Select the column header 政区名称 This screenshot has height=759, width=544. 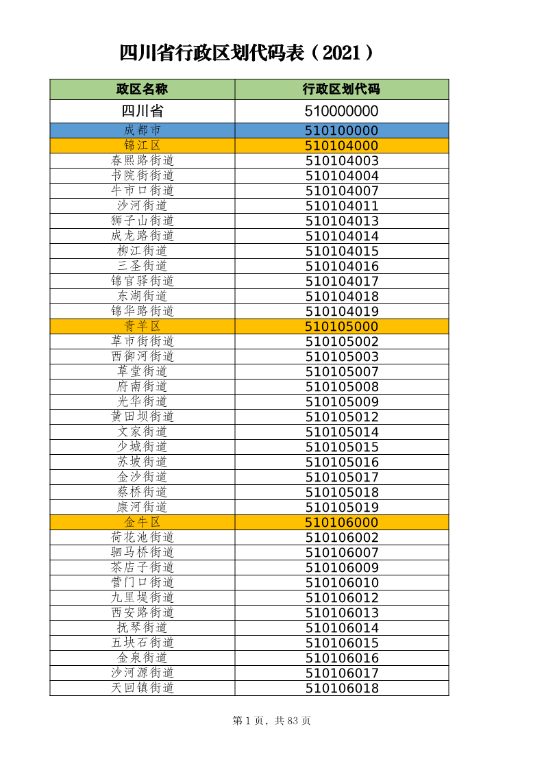[142, 89]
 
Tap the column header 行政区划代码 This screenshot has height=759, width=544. [341, 89]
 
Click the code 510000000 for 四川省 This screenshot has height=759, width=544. [341, 111]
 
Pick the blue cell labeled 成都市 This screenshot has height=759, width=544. [142, 130]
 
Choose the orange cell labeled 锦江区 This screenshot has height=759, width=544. [142, 145]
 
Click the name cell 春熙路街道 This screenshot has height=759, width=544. [142, 160]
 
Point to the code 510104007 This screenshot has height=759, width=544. [341, 190]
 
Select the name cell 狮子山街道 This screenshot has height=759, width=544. [142, 221]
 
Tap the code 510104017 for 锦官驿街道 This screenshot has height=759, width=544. [341, 281]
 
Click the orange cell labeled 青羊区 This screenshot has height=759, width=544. [142, 326]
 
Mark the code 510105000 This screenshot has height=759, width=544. [341, 326]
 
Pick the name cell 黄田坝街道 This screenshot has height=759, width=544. [142, 416]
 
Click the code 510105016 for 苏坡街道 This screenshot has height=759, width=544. [341, 462]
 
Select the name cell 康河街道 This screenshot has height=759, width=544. [142, 507]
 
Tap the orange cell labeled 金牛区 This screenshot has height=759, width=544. [142, 522]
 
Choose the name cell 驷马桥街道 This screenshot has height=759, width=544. [142, 552]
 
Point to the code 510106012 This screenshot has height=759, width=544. [341, 597]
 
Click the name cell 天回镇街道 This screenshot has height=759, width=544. [142, 688]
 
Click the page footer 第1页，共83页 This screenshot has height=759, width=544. [272, 721]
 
